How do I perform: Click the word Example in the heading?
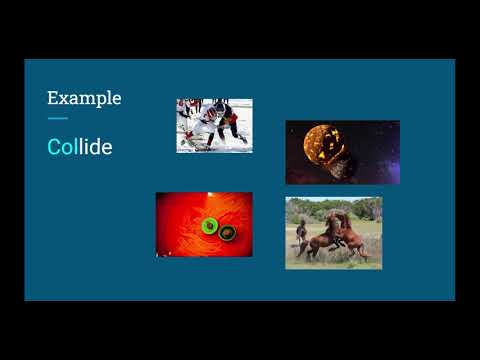tap(84, 98)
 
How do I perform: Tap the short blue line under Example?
tap(57, 119)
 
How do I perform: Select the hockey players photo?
tap(214, 125)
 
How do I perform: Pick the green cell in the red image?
tap(209, 226)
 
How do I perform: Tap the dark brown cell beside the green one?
tap(228, 232)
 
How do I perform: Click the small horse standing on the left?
tap(301, 232)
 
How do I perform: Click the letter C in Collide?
tap(54, 147)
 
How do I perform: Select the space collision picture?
tap(342, 152)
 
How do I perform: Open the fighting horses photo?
tap(333, 233)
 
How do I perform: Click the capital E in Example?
tap(53, 98)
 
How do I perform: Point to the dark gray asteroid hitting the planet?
tap(341, 166)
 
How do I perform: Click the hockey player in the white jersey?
tap(205, 124)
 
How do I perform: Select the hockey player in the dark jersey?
tap(229, 120)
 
